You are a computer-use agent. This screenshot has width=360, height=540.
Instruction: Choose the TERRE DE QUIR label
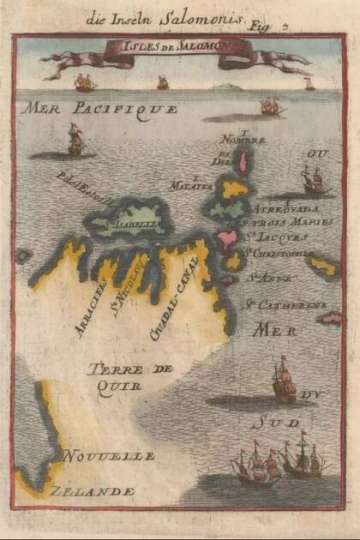point(129,377)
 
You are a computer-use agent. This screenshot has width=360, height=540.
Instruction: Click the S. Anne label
point(266,276)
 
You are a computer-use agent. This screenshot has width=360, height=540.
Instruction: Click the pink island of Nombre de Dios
point(243,161)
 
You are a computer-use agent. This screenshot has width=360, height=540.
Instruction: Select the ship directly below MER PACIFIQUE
point(75,141)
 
